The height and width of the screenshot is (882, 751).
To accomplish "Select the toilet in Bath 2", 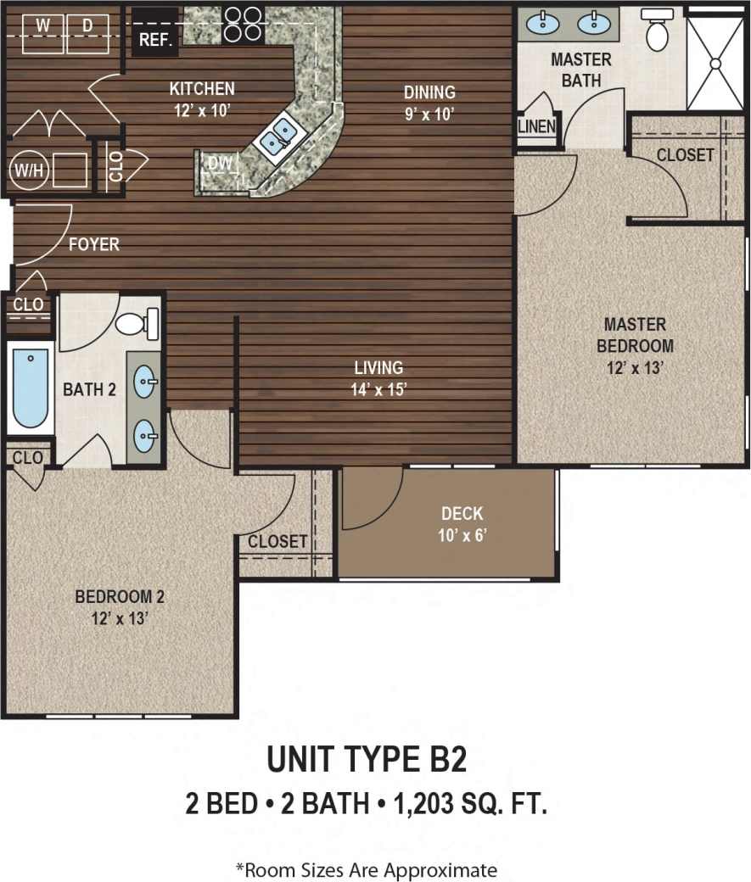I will point(136,322).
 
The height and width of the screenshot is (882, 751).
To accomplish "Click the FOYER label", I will point(94,245).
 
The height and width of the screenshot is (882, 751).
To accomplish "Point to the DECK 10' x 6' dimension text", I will point(462,535).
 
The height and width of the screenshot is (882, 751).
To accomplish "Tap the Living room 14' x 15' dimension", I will point(378,389).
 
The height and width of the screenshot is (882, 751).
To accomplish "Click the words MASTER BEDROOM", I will point(635,335).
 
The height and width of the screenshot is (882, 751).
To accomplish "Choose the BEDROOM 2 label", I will point(119,596).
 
